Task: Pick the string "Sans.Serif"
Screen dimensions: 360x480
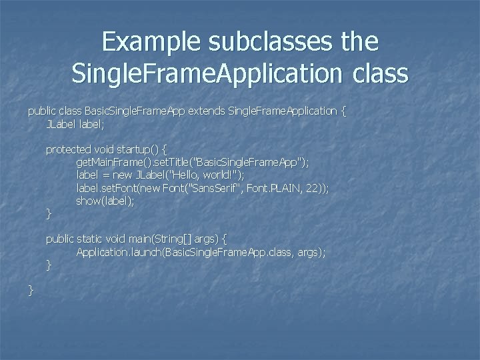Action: pyautogui.click(x=219, y=188)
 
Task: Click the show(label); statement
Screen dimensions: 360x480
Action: pyautogui.click(x=105, y=201)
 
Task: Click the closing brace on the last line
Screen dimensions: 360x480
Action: pyautogui.click(x=31, y=290)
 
